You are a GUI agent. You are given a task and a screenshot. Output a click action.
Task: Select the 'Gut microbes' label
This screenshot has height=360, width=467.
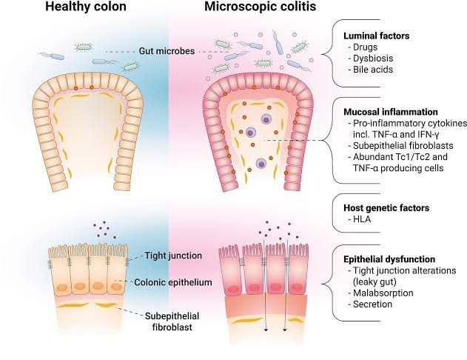tap(167, 50)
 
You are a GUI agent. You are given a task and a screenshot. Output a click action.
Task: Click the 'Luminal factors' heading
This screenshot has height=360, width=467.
tap(375, 36)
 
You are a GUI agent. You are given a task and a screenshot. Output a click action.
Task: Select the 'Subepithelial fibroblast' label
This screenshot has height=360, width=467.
tap(175, 316)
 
